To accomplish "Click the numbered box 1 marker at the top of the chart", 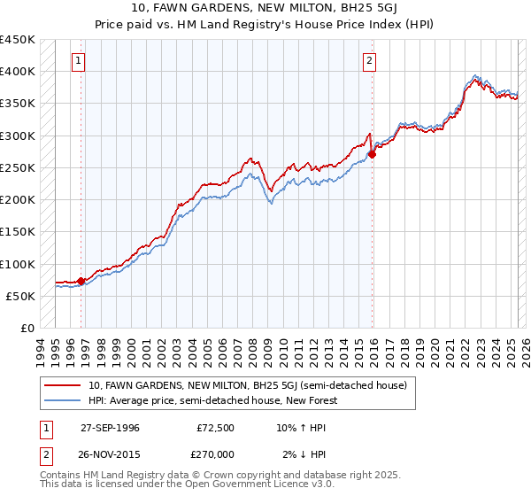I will point(80,61).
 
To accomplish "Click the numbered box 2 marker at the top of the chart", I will point(368,61).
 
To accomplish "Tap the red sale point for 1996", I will point(81,282).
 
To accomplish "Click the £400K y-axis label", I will point(18,72).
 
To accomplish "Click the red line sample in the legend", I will point(63,385).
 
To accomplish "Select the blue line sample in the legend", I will point(63,400).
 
